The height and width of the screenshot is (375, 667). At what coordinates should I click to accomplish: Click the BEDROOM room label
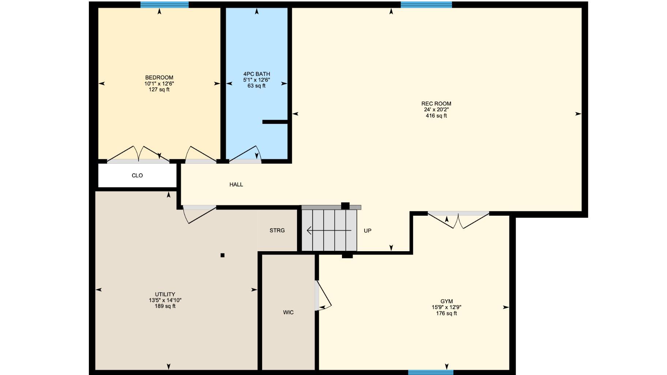[159, 78]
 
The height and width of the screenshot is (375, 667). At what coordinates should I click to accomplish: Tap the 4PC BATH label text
[257, 74]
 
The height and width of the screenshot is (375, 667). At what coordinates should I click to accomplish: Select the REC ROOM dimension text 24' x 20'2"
[436, 109]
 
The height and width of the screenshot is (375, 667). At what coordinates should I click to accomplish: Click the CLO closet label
[137, 175]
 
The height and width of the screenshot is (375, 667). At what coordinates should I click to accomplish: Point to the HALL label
[236, 185]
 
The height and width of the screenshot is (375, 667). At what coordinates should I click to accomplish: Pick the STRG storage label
[277, 230]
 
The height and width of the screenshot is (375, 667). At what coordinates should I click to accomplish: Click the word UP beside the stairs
[368, 231]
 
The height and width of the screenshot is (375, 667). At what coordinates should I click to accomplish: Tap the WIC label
[288, 312]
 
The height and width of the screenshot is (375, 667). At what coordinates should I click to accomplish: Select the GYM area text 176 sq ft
[446, 313]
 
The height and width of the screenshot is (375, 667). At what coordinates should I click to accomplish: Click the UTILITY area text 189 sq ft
[165, 306]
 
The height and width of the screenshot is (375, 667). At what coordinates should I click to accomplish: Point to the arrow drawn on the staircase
[329, 230]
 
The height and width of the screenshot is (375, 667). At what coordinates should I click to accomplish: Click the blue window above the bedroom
[165, 5]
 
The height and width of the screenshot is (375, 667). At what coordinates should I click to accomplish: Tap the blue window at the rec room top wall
[426, 5]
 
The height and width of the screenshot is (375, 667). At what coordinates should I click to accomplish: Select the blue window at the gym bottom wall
[431, 372]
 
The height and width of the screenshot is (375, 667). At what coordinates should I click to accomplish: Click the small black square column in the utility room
[222, 255]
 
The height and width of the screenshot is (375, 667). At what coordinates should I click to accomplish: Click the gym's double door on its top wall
[459, 220]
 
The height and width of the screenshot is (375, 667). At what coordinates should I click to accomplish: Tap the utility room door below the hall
[199, 214]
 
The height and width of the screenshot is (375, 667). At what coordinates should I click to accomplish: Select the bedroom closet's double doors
[138, 154]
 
